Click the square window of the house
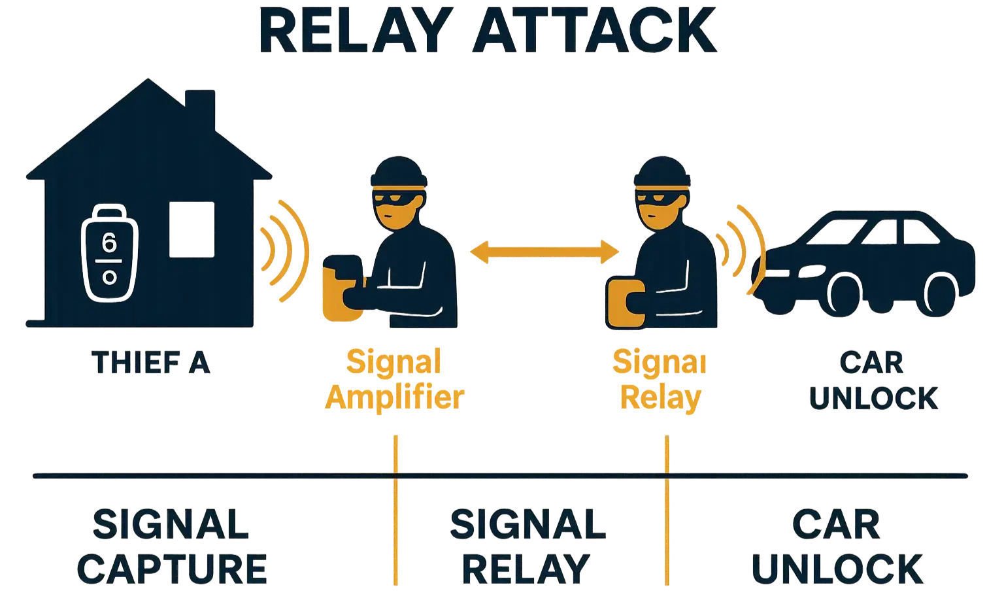tap(192, 229)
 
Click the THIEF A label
tap(152, 363)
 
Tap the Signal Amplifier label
tap(393, 379)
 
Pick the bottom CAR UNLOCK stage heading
tap(837, 546)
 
